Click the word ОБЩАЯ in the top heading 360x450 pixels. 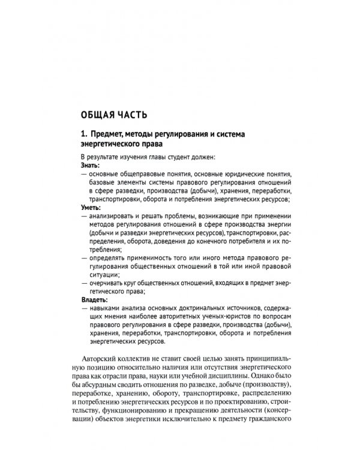click(100, 114)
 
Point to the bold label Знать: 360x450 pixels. click(91, 164)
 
